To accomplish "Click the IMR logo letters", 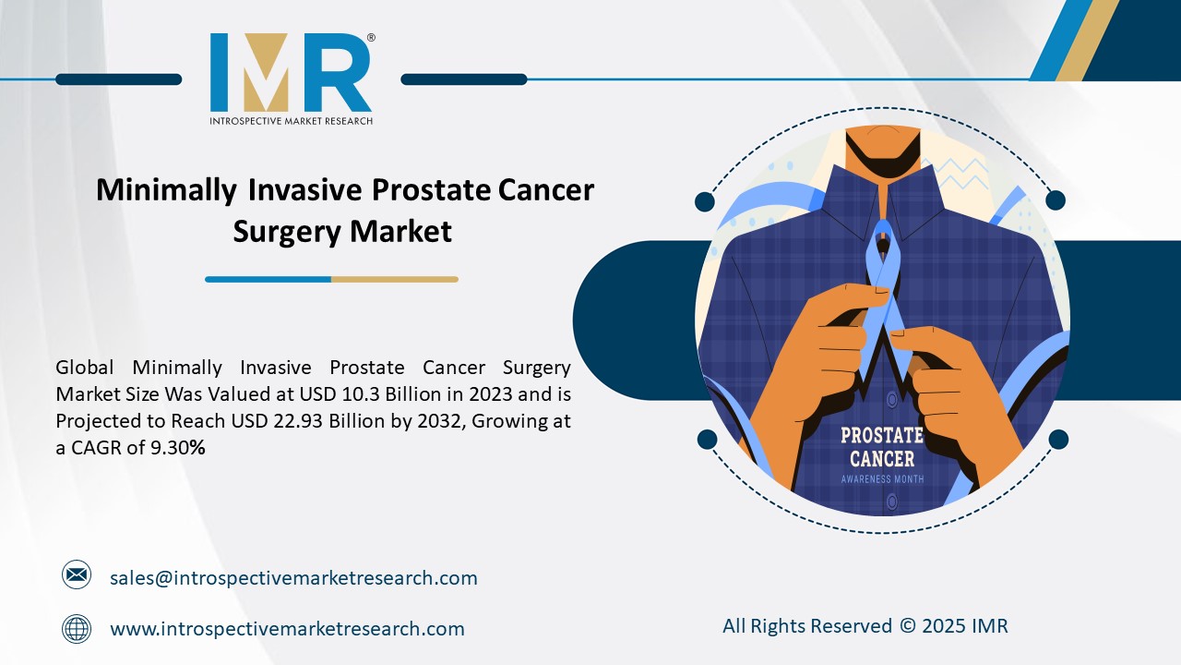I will point(291,74).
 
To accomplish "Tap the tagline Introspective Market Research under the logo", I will point(291,120).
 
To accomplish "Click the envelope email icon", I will point(77,575).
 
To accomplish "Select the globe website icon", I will point(77,629).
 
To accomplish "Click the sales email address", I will point(293,578).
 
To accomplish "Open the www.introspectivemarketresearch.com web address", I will point(287,629).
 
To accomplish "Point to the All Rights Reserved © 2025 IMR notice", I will point(865,626).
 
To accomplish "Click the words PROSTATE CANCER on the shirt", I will point(881,447).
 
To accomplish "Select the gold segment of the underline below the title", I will point(394,279).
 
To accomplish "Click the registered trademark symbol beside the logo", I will point(371,38).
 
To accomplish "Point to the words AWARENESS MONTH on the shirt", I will point(881,479).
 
